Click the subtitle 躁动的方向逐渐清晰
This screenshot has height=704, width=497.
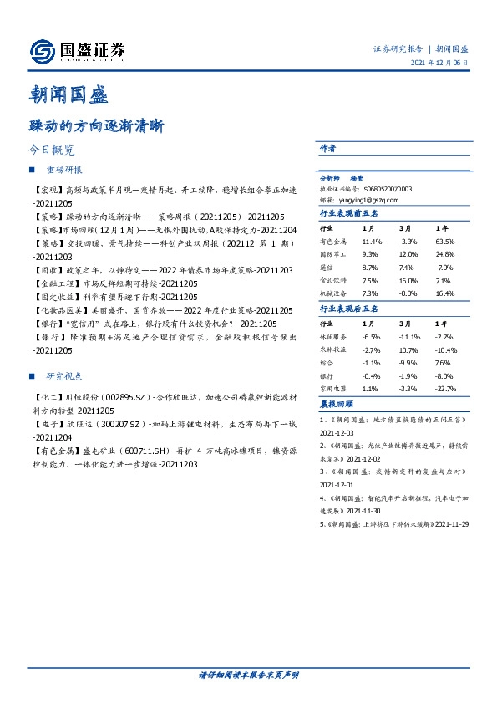point(96,127)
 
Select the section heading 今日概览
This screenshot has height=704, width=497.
point(52,150)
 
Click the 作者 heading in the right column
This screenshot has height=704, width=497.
point(327,148)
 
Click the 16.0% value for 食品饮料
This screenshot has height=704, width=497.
point(407,281)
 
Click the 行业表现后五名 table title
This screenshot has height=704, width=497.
point(349,309)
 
